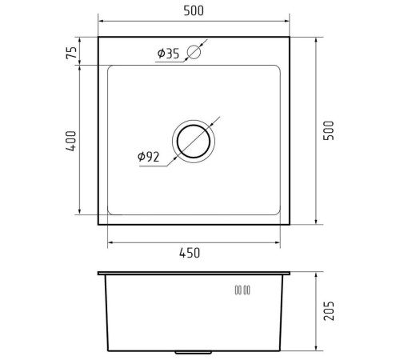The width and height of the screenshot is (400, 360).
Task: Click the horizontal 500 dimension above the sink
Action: (x=194, y=10)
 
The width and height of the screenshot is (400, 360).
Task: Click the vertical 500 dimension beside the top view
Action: (x=328, y=130)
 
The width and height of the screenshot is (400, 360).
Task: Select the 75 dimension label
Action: (x=71, y=53)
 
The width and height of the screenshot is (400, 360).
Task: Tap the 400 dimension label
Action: (x=71, y=141)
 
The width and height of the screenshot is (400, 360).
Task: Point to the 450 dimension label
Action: (x=190, y=253)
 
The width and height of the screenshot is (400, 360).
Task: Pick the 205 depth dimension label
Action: (x=329, y=310)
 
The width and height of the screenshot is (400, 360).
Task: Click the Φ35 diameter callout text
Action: (x=168, y=54)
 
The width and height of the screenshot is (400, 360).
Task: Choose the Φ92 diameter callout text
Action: (x=149, y=157)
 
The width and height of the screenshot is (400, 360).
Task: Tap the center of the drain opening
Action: (x=194, y=141)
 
